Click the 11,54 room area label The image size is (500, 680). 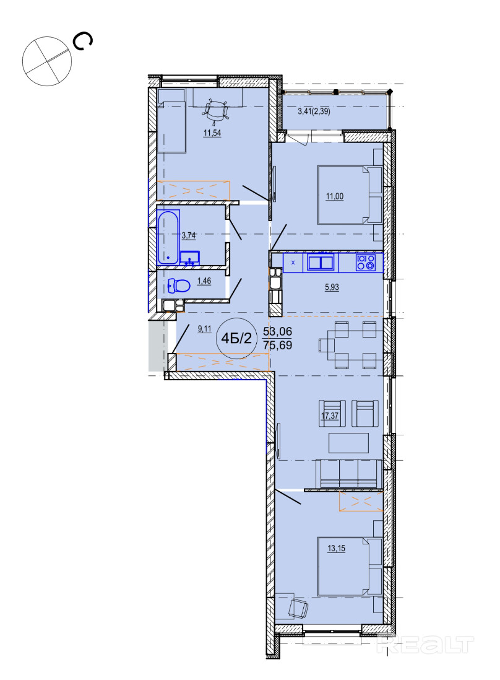212,133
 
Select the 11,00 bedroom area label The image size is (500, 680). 335,196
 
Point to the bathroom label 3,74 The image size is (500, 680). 189,235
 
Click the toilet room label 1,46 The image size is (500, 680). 204,281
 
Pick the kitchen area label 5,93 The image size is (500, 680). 332,287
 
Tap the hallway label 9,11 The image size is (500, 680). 204,329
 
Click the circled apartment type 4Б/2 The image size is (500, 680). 236,338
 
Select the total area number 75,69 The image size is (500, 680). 277,346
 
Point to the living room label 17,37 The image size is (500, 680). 330,416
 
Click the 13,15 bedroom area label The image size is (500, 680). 336,549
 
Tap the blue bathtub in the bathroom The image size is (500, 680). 168,237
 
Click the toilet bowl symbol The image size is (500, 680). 179,286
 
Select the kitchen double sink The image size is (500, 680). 321,263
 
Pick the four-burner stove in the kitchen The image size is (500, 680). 366,263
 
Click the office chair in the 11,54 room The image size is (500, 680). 216,110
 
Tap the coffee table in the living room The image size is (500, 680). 349,443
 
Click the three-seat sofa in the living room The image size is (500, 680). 349,474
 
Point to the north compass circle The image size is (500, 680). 47,61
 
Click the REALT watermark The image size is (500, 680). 426,645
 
